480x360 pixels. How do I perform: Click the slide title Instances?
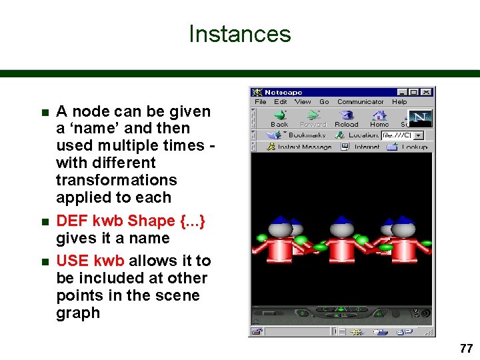(x=240, y=34)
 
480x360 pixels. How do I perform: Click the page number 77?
(x=465, y=348)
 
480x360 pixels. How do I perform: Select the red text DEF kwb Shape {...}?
(x=131, y=221)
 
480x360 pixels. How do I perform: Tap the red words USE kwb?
(x=91, y=261)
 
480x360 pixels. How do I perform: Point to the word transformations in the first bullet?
(x=117, y=180)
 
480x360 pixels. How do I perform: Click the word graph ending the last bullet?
(x=78, y=313)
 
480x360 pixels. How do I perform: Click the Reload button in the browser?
(x=346, y=118)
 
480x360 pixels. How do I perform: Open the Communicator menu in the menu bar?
(x=360, y=102)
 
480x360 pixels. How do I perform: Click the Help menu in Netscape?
(x=399, y=102)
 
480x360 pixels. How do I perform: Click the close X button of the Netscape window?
(x=426, y=92)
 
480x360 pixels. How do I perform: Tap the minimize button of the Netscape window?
(x=402, y=92)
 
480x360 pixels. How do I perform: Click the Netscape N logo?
(x=420, y=117)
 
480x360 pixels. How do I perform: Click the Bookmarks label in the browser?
(x=306, y=135)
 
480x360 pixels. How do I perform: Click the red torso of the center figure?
(x=342, y=250)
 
